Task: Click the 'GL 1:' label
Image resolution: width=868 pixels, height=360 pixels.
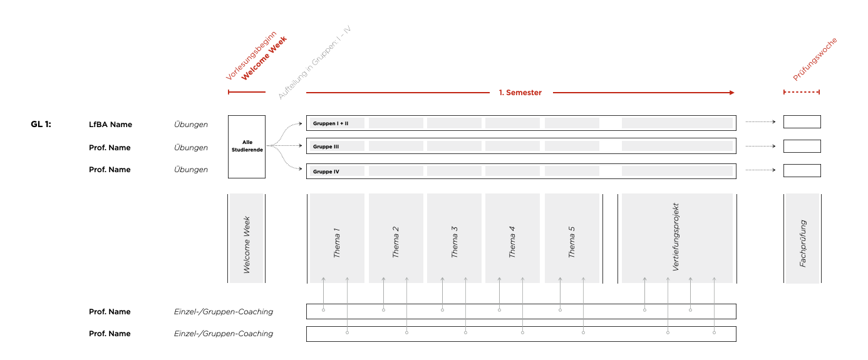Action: coord(41,125)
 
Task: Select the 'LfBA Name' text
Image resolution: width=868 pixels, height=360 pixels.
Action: coord(110,125)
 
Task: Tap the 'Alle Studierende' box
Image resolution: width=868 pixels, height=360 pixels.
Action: coord(247,147)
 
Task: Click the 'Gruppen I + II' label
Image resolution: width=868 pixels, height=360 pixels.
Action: coord(331,123)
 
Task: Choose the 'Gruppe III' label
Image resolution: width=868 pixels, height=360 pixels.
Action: coord(326,147)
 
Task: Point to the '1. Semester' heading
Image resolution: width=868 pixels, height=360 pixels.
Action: coord(520,93)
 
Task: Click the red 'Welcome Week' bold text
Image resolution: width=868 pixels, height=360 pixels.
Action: coord(264,58)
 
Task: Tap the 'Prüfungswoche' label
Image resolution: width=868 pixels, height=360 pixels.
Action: coord(815,59)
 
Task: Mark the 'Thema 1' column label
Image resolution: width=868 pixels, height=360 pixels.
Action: coord(338,243)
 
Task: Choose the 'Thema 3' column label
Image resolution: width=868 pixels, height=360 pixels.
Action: coord(455,243)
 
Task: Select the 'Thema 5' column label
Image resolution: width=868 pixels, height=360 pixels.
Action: coord(572,242)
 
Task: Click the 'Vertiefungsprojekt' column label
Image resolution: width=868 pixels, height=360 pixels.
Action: coord(676,237)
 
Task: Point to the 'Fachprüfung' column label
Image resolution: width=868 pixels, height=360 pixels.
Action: coord(803,244)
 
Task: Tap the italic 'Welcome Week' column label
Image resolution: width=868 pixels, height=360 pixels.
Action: coord(247,245)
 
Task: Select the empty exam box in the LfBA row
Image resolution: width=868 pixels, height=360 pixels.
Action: coord(802,122)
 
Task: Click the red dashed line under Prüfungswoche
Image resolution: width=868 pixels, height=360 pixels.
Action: coord(802,92)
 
